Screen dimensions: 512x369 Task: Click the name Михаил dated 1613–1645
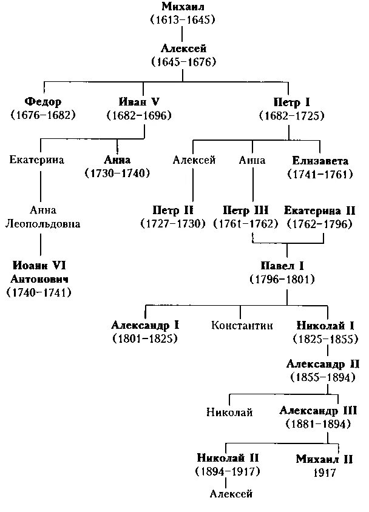[x=183, y=7]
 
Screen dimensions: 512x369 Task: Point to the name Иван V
[x=139, y=102]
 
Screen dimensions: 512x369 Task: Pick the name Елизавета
[x=320, y=161]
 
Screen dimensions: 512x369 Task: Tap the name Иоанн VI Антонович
[x=39, y=272]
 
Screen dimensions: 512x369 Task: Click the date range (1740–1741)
[x=39, y=293]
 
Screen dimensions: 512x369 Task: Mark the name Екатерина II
[x=320, y=211]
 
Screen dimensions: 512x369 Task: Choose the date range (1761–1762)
[x=246, y=224]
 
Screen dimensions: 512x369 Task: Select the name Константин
[x=242, y=326]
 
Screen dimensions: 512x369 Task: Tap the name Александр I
[x=145, y=326]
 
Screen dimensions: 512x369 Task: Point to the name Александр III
[x=318, y=411]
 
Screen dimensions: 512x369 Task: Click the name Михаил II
[x=325, y=459]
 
